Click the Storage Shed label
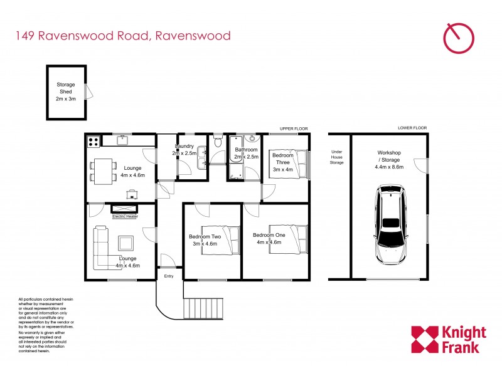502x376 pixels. [x=66, y=91]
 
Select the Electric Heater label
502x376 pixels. [x=125, y=217]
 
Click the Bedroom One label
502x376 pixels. [x=269, y=238]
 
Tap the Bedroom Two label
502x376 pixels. [x=205, y=239]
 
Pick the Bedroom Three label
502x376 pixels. [x=282, y=162]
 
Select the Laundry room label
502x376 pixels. [x=184, y=150]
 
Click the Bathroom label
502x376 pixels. [x=247, y=153]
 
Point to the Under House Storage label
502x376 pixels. [x=338, y=157]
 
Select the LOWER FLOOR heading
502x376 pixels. [x=412, y=128]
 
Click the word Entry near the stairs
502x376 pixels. [x=169, y=276]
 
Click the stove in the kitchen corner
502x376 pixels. [x=94, y=141]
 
